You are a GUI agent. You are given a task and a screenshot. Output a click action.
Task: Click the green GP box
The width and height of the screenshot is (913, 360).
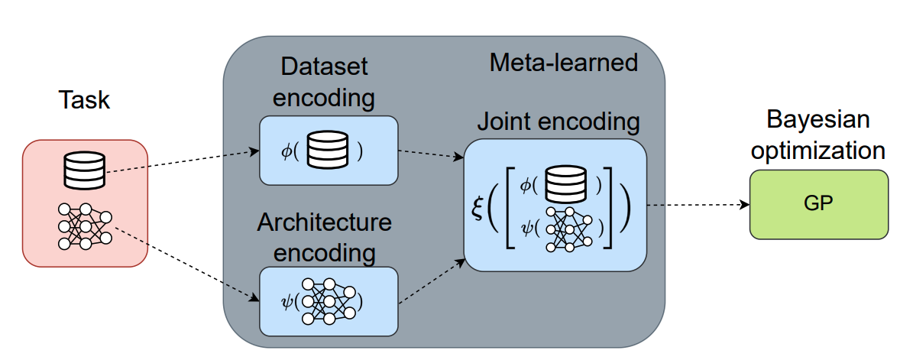tap(819, 204)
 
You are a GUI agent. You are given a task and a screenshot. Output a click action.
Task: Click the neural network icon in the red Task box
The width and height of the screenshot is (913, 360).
tap(84, 226)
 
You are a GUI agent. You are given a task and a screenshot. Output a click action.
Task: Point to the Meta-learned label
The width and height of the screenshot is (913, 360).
tap(563, 62)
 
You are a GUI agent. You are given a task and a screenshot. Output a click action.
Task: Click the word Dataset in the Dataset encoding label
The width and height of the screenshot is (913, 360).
tap(325, 67)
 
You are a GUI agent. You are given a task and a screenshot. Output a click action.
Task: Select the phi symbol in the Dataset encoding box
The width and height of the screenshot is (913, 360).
tap(287, 151)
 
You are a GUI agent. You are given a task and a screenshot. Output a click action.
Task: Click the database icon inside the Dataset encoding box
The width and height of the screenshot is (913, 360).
tap(327, 151)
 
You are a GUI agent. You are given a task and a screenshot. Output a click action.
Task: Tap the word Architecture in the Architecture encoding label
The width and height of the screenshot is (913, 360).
tap(325, 222)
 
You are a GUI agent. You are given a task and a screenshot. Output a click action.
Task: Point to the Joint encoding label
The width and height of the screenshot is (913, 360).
tap(558, 122)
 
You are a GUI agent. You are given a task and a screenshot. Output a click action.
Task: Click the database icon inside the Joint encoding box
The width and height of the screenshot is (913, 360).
tap(565, 183)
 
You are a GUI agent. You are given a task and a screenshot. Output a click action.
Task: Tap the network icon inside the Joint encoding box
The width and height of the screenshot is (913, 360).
tap(567, 228)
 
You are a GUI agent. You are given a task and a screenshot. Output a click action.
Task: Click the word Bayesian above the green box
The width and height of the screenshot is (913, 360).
tap(819, 121)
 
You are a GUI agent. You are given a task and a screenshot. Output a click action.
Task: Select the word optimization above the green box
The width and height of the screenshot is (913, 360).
tap(819, 151)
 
